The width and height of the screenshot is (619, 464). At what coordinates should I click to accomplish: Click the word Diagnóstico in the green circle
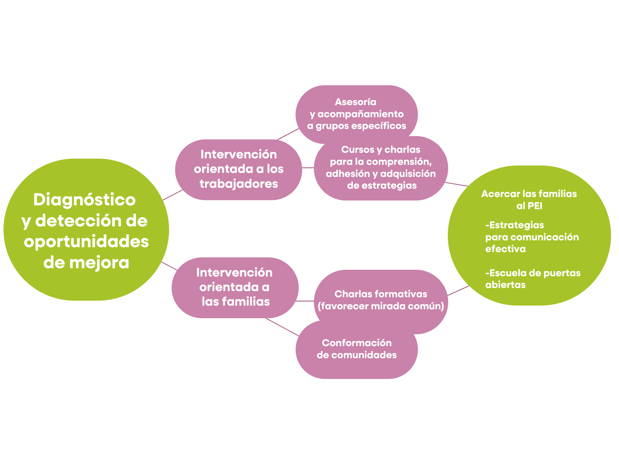click(84, 200)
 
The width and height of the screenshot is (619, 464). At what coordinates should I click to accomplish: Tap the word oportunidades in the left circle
click(86, 242)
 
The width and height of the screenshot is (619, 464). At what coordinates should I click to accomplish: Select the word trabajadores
click(239, 184)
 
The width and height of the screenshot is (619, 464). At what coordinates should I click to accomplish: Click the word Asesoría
click(355, 102)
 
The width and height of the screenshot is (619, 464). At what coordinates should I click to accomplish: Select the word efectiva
click(505, 249)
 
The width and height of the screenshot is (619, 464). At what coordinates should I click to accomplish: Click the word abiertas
click(505, 285)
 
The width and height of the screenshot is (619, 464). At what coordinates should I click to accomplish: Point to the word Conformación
click(357, 343)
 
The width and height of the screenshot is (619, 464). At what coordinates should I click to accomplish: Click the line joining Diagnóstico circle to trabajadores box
click(172, 195)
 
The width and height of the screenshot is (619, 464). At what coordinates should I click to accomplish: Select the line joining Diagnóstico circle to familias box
click(169, 266)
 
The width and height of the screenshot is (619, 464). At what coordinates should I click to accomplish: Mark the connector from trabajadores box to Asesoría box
click(288, 134)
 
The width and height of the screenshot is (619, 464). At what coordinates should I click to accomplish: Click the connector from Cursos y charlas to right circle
click(456, 184)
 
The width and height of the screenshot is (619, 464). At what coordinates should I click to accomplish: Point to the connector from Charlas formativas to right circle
click(458, 291)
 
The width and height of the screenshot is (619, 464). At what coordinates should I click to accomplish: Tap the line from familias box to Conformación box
click(282, 327)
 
